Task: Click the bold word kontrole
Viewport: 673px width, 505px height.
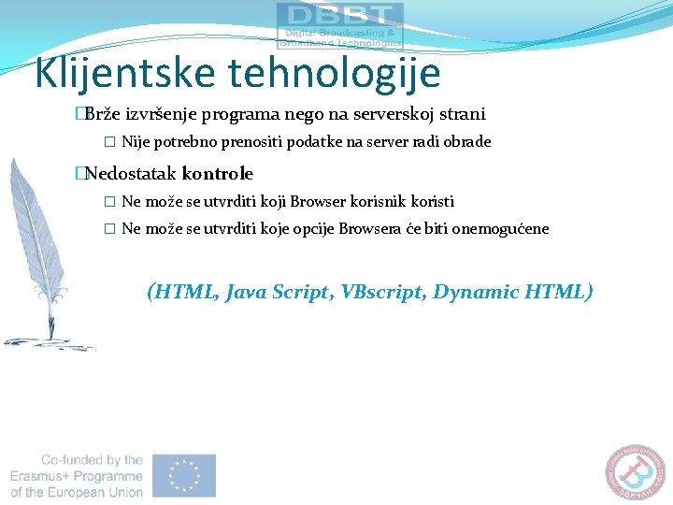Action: tap(218, 174)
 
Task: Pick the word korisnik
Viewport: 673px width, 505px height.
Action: tap(379, 202)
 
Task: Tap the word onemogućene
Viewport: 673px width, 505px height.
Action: tap(500, 229)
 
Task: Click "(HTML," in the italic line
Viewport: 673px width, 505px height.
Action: tap(184, 292)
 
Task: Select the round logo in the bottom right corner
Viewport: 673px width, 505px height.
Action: tap(638, 473)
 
